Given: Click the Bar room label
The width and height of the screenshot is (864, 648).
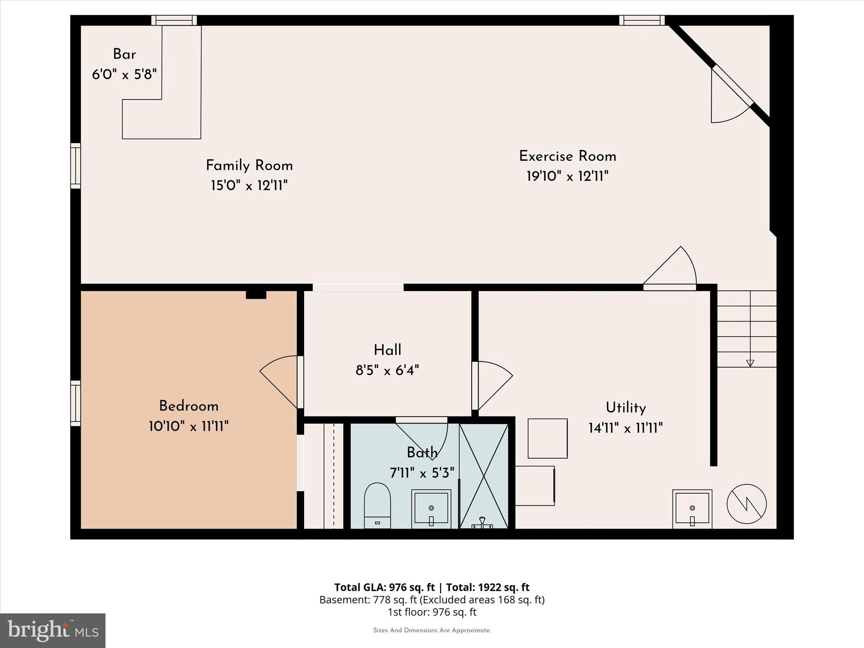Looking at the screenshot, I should pos(124,54).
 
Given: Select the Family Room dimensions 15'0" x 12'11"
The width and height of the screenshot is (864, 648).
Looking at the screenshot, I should pos(249,186).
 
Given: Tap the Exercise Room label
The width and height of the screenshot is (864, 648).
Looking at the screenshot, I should pos(567,157).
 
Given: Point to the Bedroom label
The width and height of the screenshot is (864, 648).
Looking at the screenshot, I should pos(189,406).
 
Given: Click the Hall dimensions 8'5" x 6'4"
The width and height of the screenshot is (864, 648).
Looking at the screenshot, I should pos(387,370).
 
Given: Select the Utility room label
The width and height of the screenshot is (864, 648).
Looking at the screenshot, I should pos(626,408).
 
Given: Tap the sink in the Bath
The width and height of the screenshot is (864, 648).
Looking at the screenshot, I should pos(431,508).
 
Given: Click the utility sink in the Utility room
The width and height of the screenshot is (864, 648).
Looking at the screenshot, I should pos(692,508).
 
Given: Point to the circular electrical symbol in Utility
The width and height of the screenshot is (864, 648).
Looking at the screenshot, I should pos(746,504).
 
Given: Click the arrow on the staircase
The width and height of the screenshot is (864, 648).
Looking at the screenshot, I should pos(750,362).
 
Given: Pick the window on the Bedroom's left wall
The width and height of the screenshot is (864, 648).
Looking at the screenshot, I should pos(76,403).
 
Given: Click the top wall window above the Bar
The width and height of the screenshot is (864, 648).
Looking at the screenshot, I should pos(174,20).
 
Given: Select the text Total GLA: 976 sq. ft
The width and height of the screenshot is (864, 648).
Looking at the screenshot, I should pos(384,587).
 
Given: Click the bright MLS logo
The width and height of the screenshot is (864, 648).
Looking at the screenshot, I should pos(53,630).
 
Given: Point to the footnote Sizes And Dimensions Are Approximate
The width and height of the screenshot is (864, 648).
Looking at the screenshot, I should pos(432,630).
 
